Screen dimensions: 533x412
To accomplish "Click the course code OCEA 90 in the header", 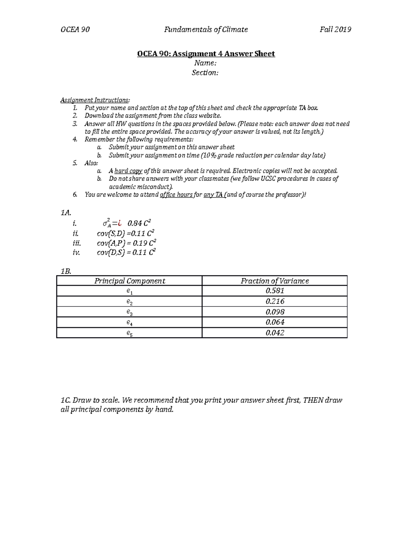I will tap(75, 30).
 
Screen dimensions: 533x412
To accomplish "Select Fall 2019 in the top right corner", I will tap(335, 30).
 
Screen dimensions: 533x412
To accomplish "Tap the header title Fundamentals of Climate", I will tap(206, 30).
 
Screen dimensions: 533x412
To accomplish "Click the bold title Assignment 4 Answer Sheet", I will tap(206, 54).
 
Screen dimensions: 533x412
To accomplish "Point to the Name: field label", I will tap(205, 63).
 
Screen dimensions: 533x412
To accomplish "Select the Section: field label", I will tap(205, 73).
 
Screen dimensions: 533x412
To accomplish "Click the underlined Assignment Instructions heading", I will tap(95, 100).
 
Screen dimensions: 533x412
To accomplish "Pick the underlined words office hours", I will tap(176, 195).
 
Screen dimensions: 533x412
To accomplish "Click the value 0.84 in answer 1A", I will tap(135, 223).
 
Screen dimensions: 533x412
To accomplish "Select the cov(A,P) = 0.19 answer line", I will tap(127, 243).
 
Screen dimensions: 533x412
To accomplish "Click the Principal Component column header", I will tap(129, 281).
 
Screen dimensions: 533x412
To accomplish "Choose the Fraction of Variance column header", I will tap(275, 281).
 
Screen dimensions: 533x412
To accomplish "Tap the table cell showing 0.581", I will tap(275, 291).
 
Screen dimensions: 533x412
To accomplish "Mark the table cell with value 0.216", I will tap(275, 301).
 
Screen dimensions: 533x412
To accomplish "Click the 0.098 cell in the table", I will tap(275, 312).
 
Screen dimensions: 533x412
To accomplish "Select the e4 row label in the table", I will tap(129, 323).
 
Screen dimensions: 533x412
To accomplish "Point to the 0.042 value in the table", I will tap(275, 333).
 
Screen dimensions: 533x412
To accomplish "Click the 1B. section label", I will tap(66, 271).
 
